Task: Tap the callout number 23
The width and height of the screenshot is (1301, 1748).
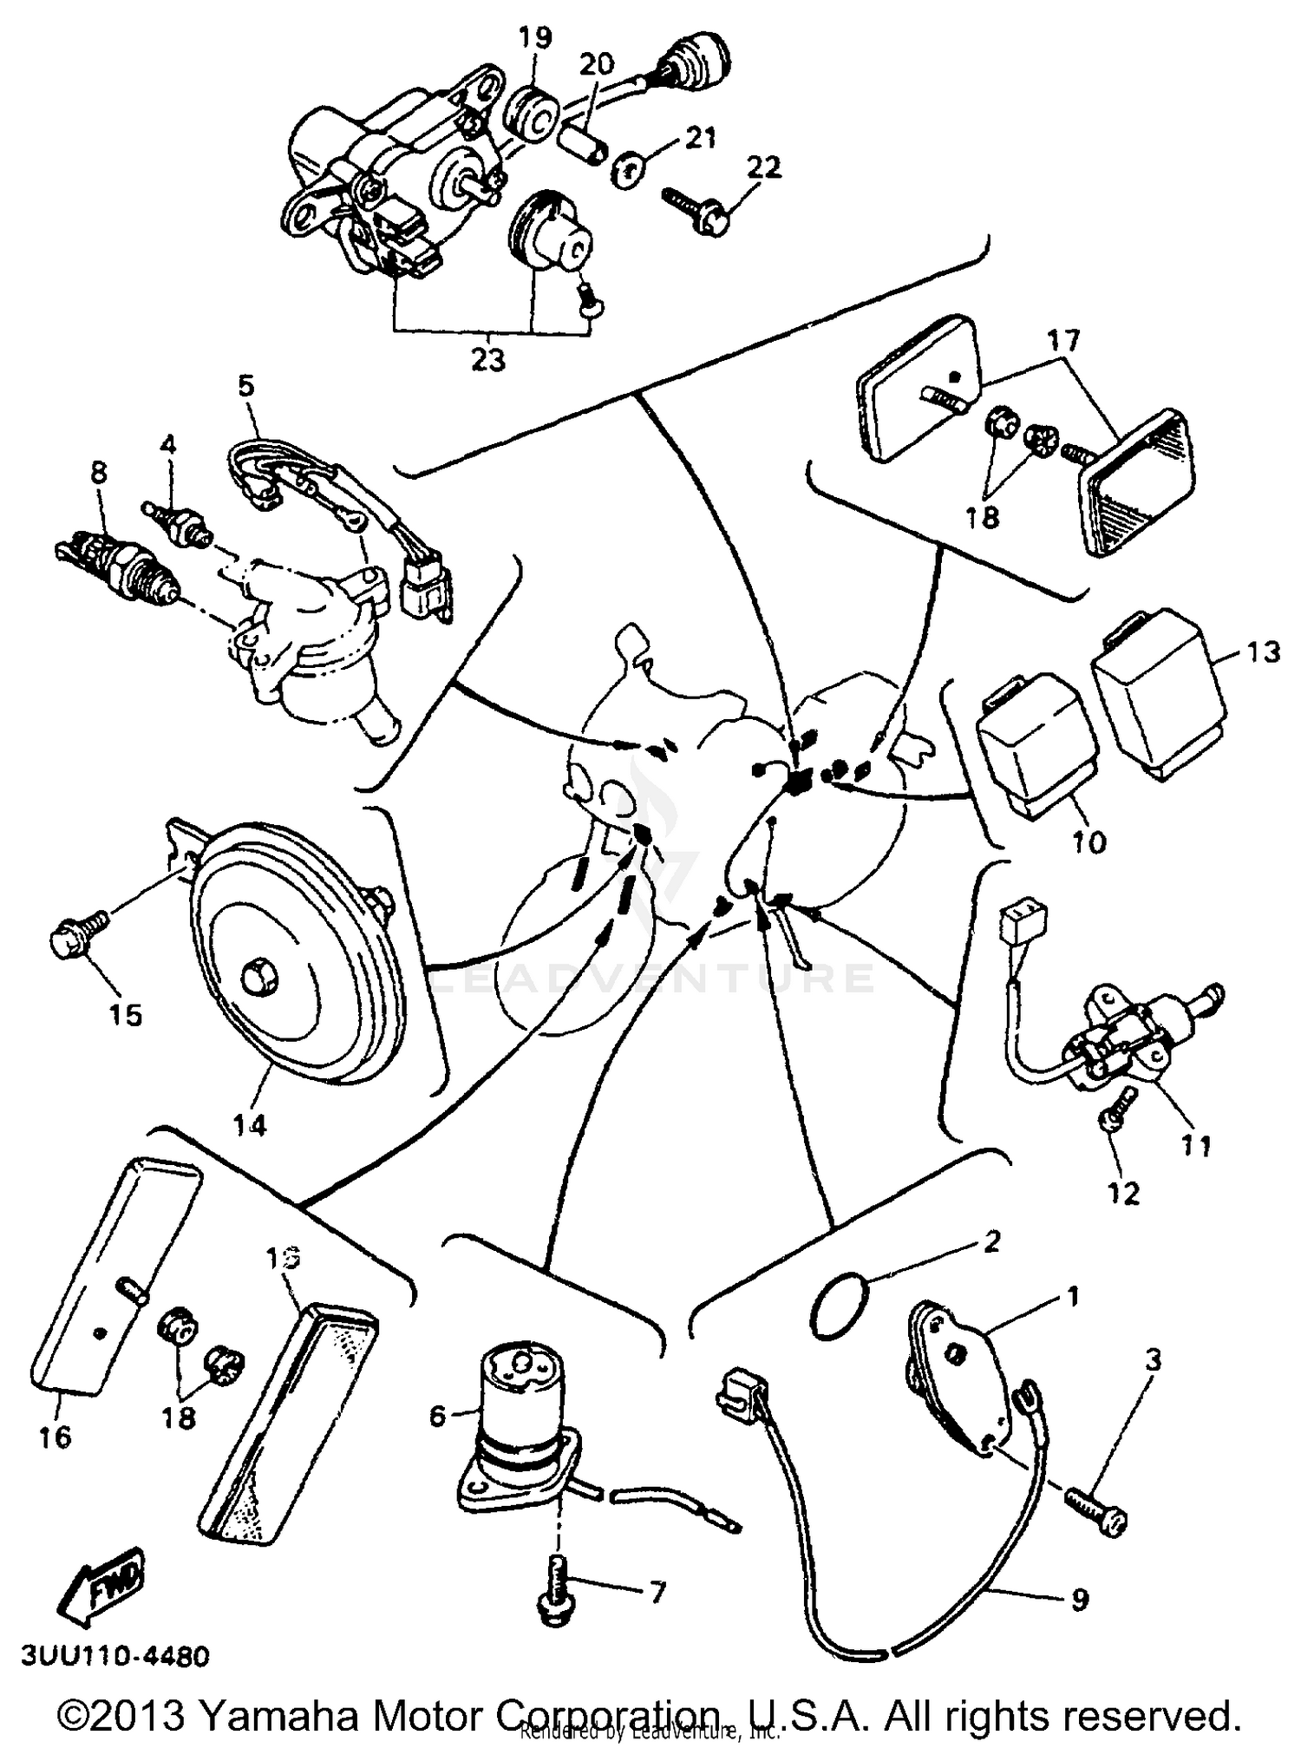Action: [487, 358]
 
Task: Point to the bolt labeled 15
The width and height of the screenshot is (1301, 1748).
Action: [76, 935]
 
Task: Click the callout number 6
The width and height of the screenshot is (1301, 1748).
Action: [438, 1417]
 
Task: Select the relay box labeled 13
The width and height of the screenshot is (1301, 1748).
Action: [1158, 691]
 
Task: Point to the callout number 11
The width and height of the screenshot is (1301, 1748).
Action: [1197, 1145]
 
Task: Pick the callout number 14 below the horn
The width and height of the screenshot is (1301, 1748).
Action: [250, 1124]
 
